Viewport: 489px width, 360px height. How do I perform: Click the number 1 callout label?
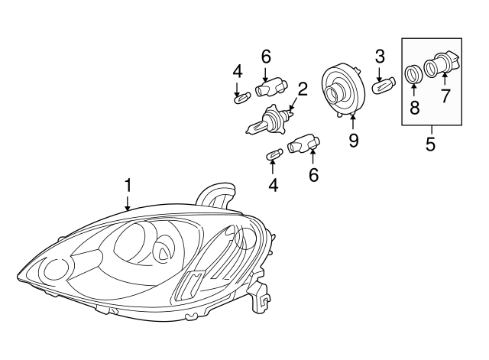click(x=128, y=185)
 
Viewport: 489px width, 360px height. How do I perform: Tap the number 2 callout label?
click(x=303, y=89)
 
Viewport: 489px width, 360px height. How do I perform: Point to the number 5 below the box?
click(x=430, y=143)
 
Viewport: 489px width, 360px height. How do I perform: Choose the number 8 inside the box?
click(x=415, y=107)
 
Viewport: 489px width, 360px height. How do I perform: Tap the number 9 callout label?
click(x=353, y=141)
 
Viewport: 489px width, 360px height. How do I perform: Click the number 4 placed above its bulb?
click(x=238, y=73)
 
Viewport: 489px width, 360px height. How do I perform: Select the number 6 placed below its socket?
click(x=313, y=174)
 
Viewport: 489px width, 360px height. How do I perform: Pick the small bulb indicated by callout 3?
click(x=381, y=87)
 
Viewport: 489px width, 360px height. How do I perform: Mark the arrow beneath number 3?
click(x=380, y=72)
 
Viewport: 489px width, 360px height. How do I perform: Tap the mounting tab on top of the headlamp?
click(x=217, y=195)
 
